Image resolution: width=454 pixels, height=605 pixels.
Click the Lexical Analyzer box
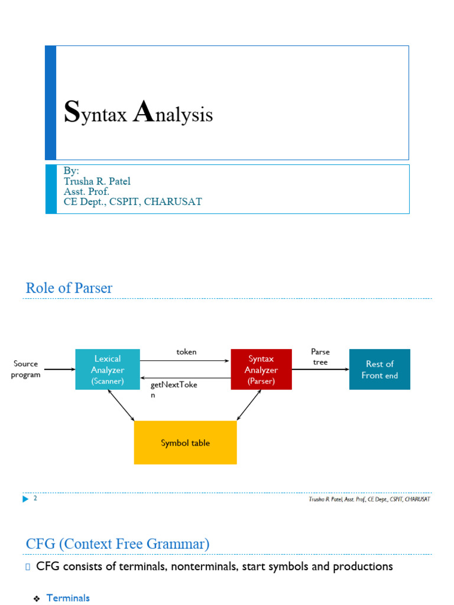tap(108, 369)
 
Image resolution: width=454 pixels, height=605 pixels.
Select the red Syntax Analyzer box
tap(261, 369)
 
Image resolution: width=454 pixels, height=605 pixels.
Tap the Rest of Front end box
tap(380, 369)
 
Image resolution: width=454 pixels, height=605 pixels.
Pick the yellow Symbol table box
tap(185, 443)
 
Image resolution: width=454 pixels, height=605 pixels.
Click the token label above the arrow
tap(186, 352)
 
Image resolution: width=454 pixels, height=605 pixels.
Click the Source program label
tap(25, 369)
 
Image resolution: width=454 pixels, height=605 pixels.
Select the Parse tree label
tap(320, 357)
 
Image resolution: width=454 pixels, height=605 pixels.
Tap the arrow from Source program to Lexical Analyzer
tap(60, 370)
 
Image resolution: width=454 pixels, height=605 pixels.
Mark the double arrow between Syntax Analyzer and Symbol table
tap(249, 405)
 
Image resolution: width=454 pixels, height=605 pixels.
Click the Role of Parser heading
tap(69, 288)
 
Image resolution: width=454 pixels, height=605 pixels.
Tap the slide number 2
tap(35, 499)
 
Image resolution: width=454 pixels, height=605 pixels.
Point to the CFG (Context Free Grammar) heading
tap(117, 544)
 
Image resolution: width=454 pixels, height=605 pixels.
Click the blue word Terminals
tap(68, 598)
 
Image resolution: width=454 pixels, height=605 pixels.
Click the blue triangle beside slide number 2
tap(25, 499)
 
